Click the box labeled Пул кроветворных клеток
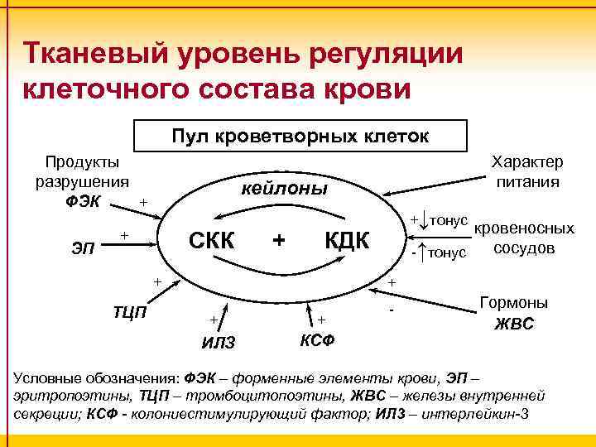(300, 136)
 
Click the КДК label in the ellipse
(347, 240)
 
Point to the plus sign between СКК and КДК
(279, 240)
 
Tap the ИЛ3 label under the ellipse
(219, 343)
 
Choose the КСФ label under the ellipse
(316, 339)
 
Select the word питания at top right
(527, 180)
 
